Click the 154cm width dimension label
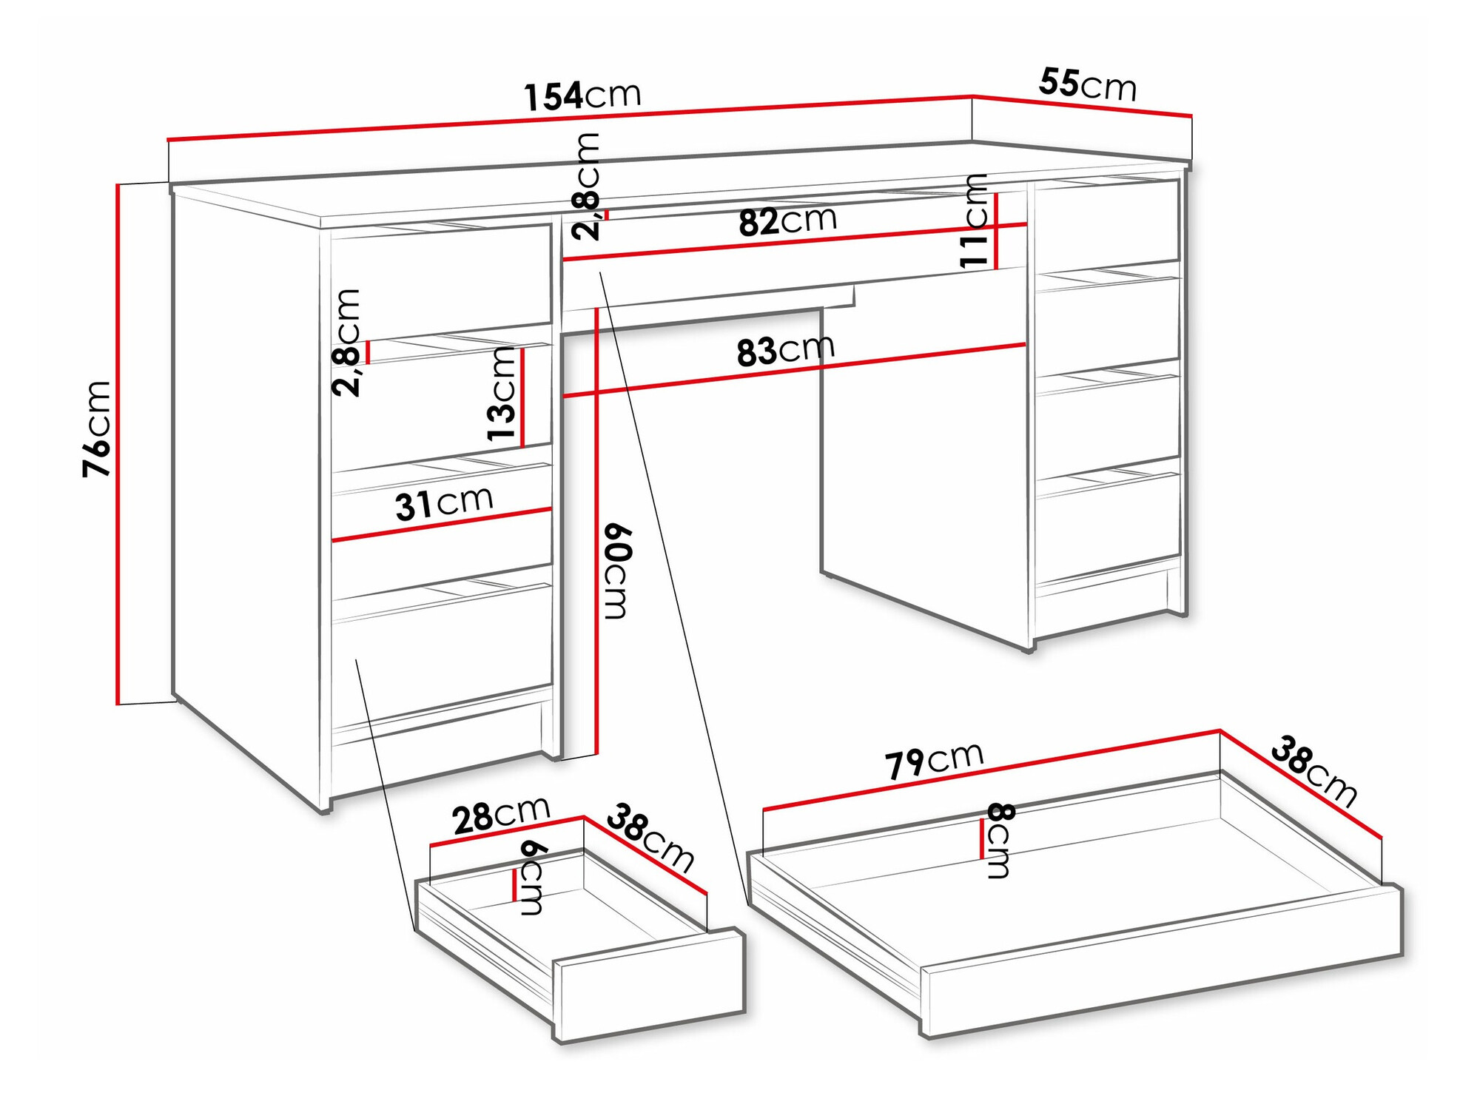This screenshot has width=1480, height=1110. coord(582,96)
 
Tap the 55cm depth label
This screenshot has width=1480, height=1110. coord(1086,84)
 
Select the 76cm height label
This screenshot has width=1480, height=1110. coord(97,429)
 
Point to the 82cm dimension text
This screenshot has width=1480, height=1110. coord(787,221)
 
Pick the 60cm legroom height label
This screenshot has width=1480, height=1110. coord(616,571)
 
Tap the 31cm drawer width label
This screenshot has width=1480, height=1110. coord(444,503)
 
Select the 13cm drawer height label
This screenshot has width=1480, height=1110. coord(502,394)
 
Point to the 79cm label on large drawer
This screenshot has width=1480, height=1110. coord(934,761)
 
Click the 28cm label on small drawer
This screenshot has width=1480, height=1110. coord(501,816)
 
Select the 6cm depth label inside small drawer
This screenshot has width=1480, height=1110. coord(533,878)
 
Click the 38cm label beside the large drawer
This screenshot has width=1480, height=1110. coord(1313,771)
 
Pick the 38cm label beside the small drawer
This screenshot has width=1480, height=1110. coord(650,838)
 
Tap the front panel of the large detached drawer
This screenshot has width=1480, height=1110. coord(1162,962)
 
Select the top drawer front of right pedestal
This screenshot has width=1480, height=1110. coord(1107,222)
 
